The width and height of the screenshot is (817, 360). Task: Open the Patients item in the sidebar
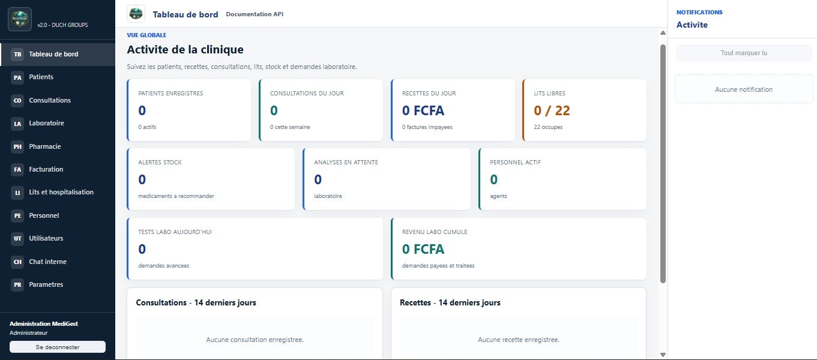pos(41,77)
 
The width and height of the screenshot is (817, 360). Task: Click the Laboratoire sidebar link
pos(46,123)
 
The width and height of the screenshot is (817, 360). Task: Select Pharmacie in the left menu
pos(45,146)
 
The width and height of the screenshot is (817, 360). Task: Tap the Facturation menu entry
pos(46,169)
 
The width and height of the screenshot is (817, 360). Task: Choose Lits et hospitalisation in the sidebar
pos(61,192)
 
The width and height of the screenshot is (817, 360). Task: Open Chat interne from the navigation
pos(47,262)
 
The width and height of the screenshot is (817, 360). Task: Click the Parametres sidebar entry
pos(46,284)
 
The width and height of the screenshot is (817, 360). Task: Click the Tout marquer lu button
pos(744,53)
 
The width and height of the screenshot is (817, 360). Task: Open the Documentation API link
pos(255,14)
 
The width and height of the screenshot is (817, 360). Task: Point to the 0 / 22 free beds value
pos(552,110)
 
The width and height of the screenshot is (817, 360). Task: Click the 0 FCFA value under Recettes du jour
pos(423,110)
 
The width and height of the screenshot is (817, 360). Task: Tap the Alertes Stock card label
pos(160,162)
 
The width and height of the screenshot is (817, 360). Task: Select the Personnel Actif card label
pos(515,162)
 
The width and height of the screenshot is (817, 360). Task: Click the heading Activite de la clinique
pos(185,49)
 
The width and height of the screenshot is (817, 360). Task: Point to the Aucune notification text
pos(744,89)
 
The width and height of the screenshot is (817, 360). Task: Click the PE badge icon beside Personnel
pos(17,215)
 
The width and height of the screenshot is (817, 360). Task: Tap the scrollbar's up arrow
pos(663,33)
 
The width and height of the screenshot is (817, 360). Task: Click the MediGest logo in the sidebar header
pos(20,19)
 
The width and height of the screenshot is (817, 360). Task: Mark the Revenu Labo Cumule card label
pos(435,232)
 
